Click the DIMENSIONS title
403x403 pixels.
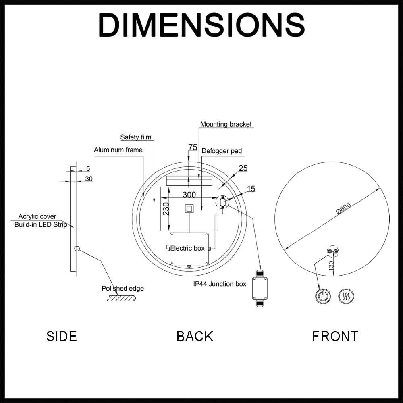click(201, 25)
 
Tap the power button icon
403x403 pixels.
click(323, 296)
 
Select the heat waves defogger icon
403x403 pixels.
click(346, 296)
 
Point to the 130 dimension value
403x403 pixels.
click(331, 265)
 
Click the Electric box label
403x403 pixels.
click(187, 248)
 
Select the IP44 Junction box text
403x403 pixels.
click(220, 284)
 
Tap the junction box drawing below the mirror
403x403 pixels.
click(260, 288)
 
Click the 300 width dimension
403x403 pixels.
click(189, 195)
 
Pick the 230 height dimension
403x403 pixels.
click(166, 209)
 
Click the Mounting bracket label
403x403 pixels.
click(226, 124)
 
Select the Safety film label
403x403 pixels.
click(136, 137)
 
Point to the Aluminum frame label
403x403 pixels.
click(118, 150)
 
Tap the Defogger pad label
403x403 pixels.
click(222, 151)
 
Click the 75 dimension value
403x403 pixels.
click(193, 147)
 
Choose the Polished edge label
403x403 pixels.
click(123, 289)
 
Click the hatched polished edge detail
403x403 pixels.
click(121, 298)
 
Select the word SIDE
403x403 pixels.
click(62, 336)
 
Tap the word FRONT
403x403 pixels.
click(335, 336)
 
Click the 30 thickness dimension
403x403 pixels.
click(89, 179)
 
